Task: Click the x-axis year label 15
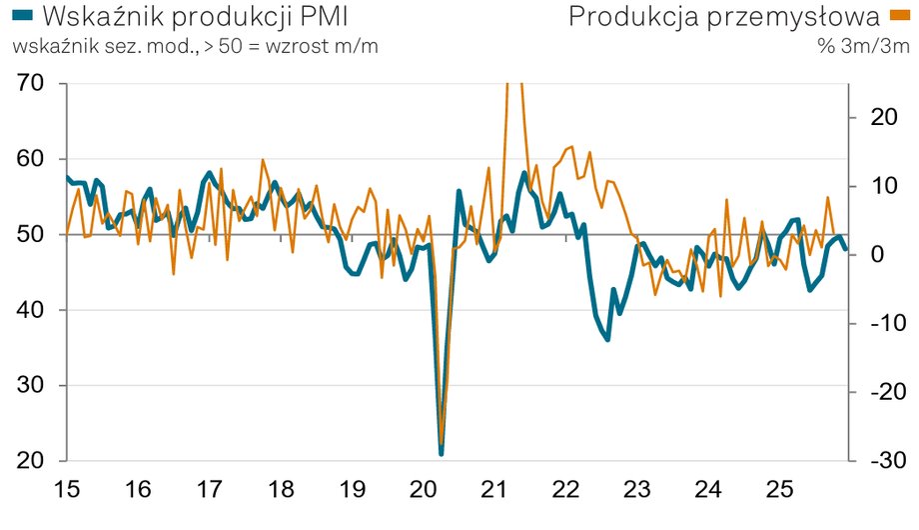[x=67, y=491]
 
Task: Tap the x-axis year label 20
[x=424, y=491]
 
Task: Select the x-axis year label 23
[x=637, y=491]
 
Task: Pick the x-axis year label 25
[x=779, y=491]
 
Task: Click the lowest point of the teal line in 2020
[x=441, y=453]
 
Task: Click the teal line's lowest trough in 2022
[x=606, y=340]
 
